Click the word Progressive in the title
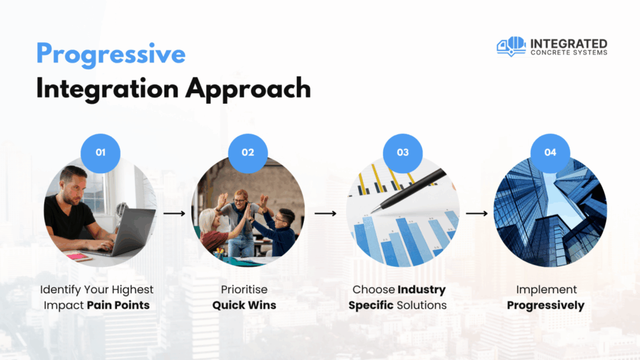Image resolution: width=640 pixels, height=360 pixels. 111,55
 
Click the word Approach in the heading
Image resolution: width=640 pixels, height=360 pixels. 248,89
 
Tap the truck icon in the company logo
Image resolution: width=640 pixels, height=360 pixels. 511,46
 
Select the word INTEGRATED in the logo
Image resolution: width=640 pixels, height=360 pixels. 569,43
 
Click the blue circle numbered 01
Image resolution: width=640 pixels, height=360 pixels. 101,153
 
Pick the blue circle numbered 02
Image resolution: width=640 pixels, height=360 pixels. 247,153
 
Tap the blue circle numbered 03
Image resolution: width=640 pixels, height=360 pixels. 402,153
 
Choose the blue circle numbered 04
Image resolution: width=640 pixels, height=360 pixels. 550,153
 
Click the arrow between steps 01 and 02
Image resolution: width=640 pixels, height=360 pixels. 174,213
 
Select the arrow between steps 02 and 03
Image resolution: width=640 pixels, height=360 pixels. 325,213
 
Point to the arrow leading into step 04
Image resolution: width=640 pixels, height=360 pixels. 477,213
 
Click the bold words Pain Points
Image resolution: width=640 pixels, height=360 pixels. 118,305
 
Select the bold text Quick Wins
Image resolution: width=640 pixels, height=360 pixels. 244,305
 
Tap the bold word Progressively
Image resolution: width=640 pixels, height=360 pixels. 546,306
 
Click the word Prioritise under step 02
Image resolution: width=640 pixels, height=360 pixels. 244,289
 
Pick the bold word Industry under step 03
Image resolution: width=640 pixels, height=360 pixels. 422,290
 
